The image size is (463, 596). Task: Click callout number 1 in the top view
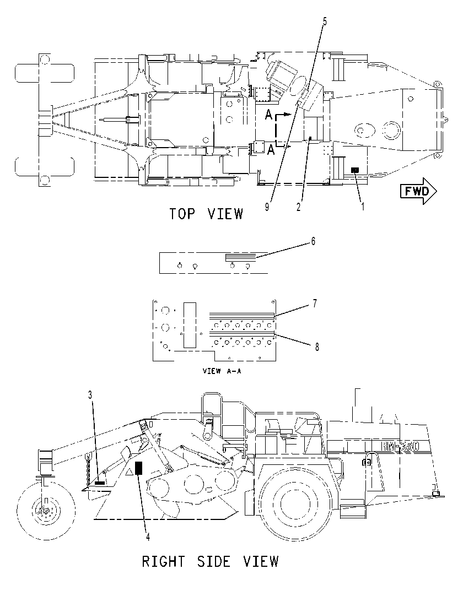tap(363, 207)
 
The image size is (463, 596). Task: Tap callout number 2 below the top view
tap(299, 207)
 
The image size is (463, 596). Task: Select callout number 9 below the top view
tap(267, 207)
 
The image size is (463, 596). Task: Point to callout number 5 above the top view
tap(325, 21)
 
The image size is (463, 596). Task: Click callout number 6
tap(313, 241)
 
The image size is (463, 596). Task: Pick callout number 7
tap(315, 304)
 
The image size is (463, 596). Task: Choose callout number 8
tap(317, 347)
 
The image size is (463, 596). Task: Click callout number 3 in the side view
tap(90, 395)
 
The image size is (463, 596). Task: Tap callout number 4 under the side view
tap(148, 537)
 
